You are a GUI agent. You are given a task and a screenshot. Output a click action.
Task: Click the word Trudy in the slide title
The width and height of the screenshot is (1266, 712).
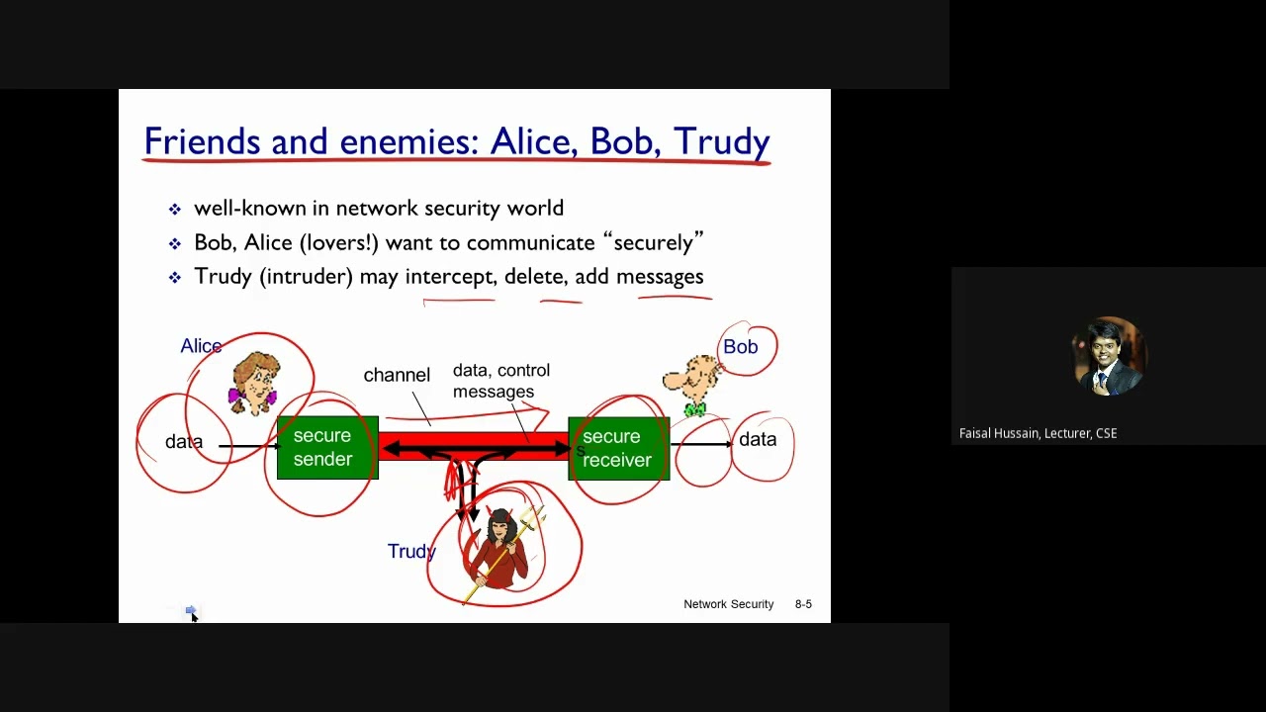721,142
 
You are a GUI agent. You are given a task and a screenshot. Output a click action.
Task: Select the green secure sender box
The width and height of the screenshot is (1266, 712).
326,448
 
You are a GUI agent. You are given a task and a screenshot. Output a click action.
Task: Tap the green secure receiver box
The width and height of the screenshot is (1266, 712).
618,448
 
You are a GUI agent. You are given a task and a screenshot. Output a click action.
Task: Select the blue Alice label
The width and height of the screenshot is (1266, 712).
201,346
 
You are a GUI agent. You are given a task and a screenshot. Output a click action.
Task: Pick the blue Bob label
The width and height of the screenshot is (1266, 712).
740,347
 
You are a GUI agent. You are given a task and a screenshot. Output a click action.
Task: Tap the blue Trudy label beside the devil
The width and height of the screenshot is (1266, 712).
411,552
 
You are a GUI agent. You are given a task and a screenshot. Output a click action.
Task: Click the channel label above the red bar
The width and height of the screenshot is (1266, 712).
397,375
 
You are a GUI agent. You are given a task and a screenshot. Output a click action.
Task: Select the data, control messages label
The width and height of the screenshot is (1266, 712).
500,381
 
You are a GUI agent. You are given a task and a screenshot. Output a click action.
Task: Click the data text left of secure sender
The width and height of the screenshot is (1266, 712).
184,442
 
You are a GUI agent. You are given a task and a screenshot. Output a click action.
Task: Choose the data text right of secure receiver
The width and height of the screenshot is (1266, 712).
758,440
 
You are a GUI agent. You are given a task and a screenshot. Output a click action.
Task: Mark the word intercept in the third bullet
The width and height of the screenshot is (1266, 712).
450,277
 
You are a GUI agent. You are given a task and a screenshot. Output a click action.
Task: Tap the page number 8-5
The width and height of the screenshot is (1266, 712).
803,604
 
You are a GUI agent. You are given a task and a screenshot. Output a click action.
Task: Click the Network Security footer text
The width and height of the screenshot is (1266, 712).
728,604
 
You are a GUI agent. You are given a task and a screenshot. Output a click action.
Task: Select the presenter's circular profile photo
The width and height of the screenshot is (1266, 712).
1108,356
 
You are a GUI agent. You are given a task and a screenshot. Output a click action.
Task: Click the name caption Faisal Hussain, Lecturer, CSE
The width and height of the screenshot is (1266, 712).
1038,433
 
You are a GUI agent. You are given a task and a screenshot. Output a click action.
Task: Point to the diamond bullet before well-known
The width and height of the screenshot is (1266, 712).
175,210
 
